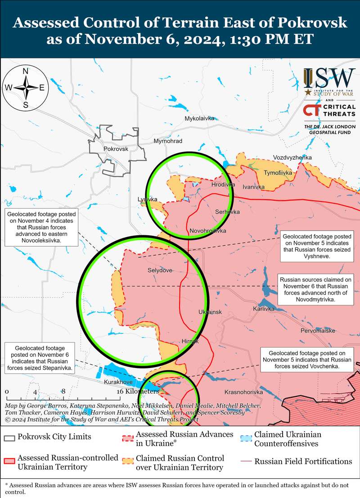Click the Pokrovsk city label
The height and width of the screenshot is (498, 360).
(116, 149)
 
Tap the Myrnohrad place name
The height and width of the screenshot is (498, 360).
(168, 141)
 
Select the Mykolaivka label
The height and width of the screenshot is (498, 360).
(199, 119)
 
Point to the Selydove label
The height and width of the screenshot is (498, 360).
(160, 270)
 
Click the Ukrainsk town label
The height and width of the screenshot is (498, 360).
(210, 312)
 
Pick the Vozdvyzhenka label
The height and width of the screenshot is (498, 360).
(292, 157)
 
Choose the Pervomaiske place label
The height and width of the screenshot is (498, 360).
(318, 331)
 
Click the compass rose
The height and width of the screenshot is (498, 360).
(26, 88)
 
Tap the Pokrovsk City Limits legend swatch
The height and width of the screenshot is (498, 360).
(9, 437)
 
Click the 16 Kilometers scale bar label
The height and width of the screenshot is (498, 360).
(137, 392)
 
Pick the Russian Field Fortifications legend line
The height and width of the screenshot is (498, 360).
(246, 462)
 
